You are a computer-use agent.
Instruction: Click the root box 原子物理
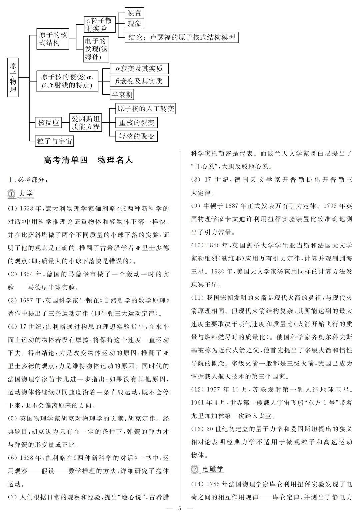click(13, 77)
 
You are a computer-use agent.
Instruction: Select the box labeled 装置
click(134, 13)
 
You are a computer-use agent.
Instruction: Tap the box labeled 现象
click(134, 24)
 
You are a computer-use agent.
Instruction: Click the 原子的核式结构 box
click(53, 39)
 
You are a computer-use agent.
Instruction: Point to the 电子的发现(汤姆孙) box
click(96, 49)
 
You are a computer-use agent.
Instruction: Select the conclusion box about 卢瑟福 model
click(182, 37)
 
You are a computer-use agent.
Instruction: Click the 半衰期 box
click(122, 95)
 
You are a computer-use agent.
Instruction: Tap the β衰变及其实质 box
click(139, 81)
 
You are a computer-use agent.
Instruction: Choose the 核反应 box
click(48, 123)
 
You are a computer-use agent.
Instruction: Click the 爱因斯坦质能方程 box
click(86, 123)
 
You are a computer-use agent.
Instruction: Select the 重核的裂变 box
click(137, 123)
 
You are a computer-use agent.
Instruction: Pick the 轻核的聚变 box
click(137, 136)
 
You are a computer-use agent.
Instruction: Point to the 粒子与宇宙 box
click(54, 141)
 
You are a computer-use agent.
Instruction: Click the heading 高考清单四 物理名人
click(88, 160)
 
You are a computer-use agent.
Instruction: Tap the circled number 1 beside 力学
click(12, 194)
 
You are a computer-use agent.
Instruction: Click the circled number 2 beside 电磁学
click(195, 469)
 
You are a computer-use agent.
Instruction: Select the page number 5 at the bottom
click(180, 508)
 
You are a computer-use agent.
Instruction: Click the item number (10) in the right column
click(197, 245)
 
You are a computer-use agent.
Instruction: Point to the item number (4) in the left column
click(12, 327)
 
